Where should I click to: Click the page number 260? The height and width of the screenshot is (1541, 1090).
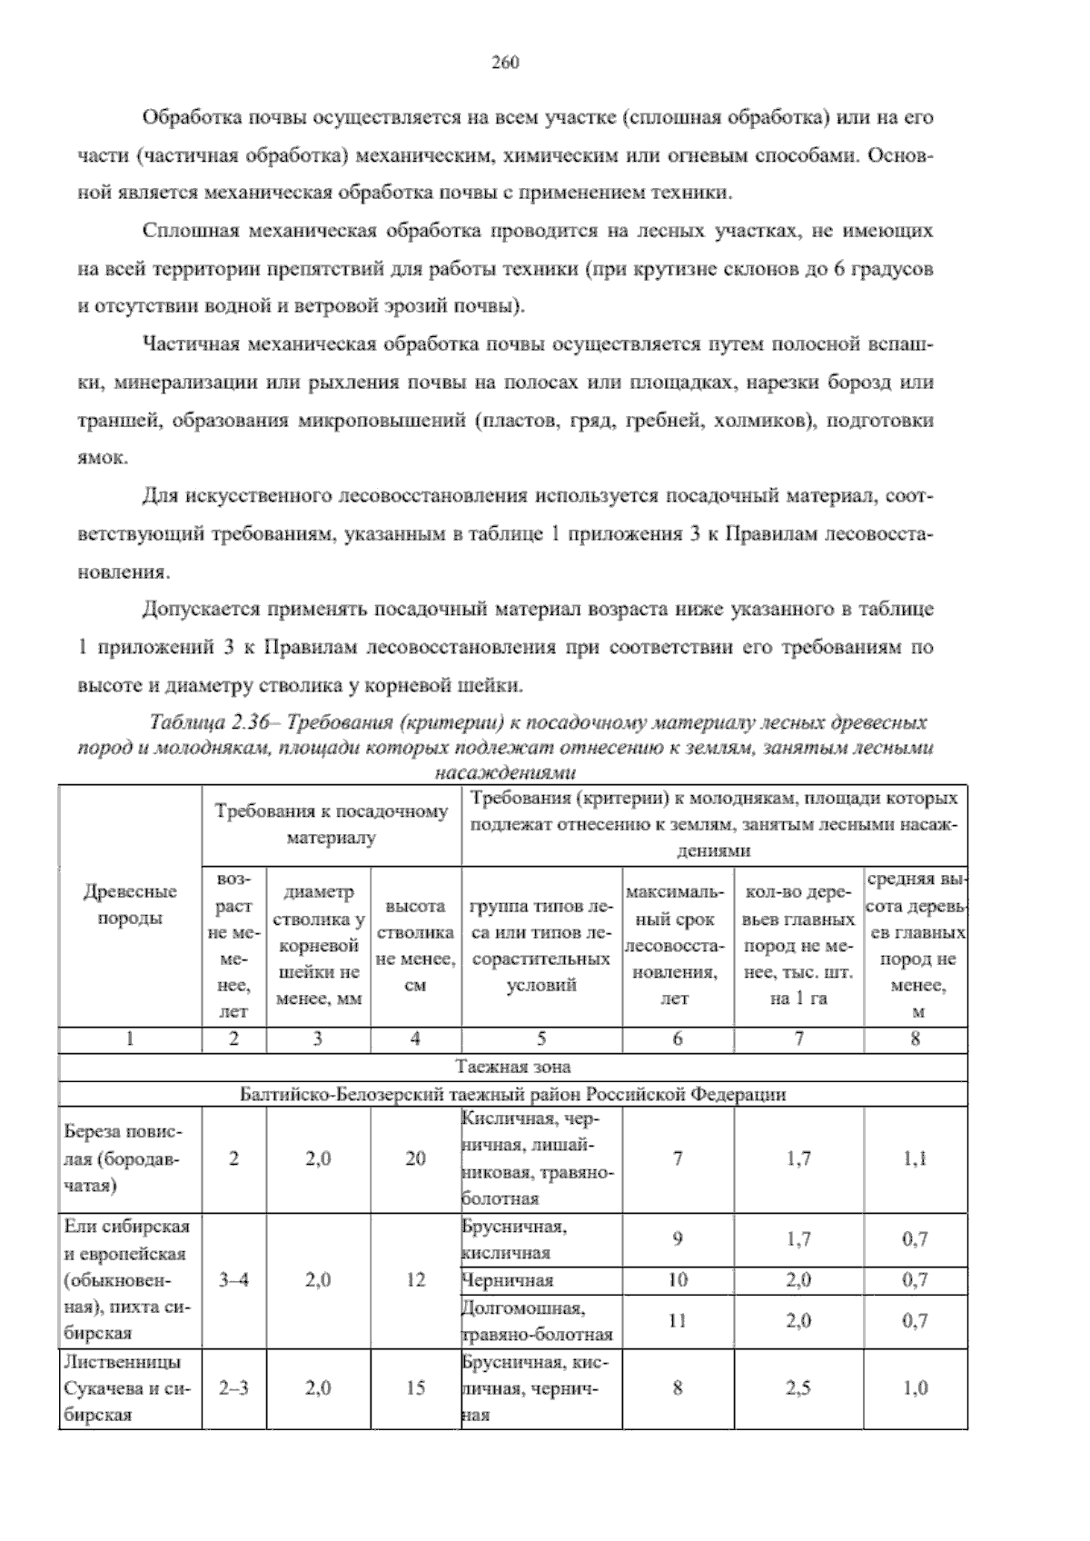[505, 63]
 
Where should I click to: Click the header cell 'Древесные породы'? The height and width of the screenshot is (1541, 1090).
[130, 904]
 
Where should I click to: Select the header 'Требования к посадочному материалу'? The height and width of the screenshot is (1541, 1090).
[332, 824]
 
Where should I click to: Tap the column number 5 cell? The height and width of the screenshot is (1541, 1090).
[541, 1039]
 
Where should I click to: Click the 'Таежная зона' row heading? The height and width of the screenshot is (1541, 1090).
[513, 1067]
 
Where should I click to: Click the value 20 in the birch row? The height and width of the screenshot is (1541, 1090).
[415, 1158]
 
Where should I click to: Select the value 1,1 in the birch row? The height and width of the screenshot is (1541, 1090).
[915, 1158]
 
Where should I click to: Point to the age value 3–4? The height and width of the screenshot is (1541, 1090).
[233, 1280]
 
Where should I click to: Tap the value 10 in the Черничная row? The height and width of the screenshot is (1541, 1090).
[678, 1280]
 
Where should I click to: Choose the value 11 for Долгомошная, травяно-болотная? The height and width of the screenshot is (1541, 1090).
[678, 1320]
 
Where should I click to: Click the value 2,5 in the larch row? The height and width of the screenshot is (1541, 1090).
[798, 1388]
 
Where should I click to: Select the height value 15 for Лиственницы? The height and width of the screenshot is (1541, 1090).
[415, 1388]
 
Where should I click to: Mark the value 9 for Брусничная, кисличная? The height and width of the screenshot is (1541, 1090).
[678, 1239]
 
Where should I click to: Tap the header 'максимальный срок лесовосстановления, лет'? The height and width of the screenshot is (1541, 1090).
[678, 946]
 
